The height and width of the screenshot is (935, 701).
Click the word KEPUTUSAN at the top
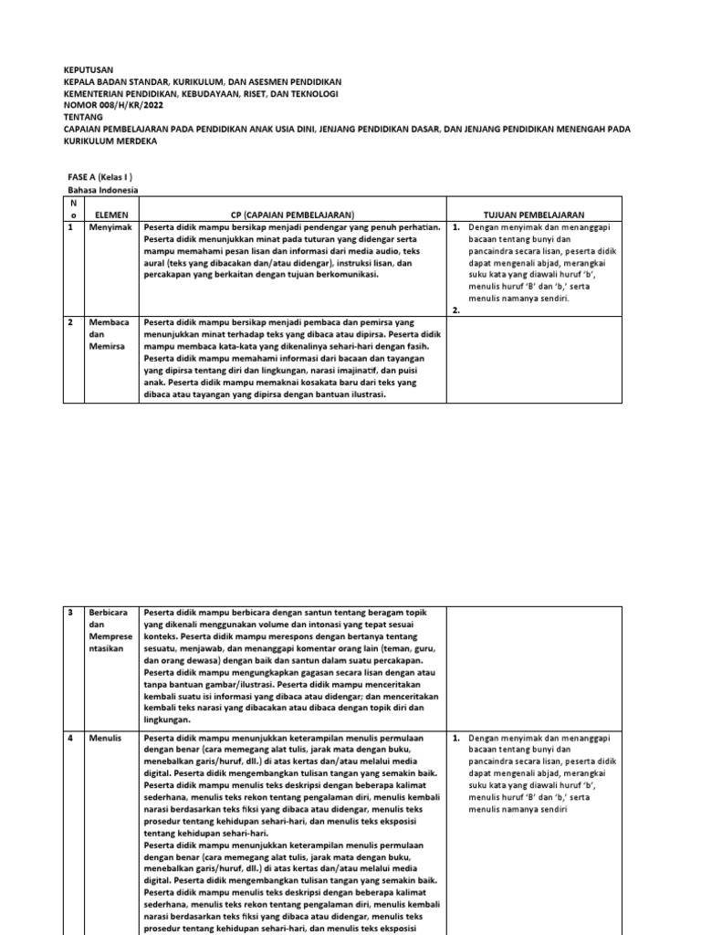(x=88, y=69)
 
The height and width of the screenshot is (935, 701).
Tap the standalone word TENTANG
(x=83, y=118)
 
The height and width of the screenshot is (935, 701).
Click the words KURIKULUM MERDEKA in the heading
(x=110, y=142)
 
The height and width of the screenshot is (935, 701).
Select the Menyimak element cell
(x=110, y=227)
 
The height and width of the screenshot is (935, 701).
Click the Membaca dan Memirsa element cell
(x=109, y=335)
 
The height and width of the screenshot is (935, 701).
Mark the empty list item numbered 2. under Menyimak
(x=455, y=310)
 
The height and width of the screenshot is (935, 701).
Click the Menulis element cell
(x=107, y=736)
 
